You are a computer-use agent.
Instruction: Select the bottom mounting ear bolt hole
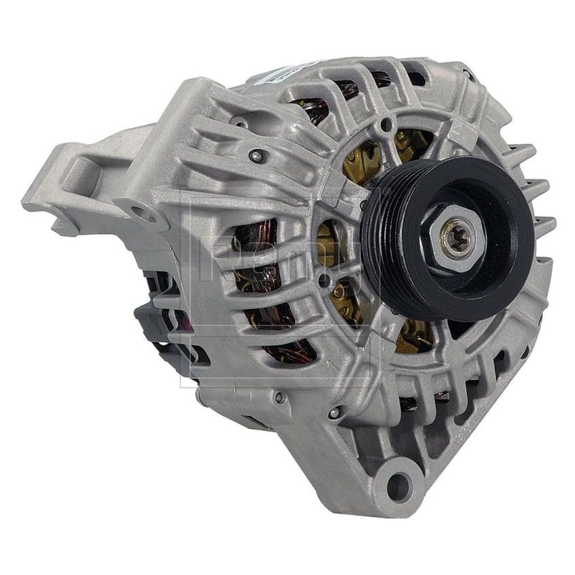point(400,485)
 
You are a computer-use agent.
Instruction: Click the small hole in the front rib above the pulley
point(386,125)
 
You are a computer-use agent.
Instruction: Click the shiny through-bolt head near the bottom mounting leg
point(333,412)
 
